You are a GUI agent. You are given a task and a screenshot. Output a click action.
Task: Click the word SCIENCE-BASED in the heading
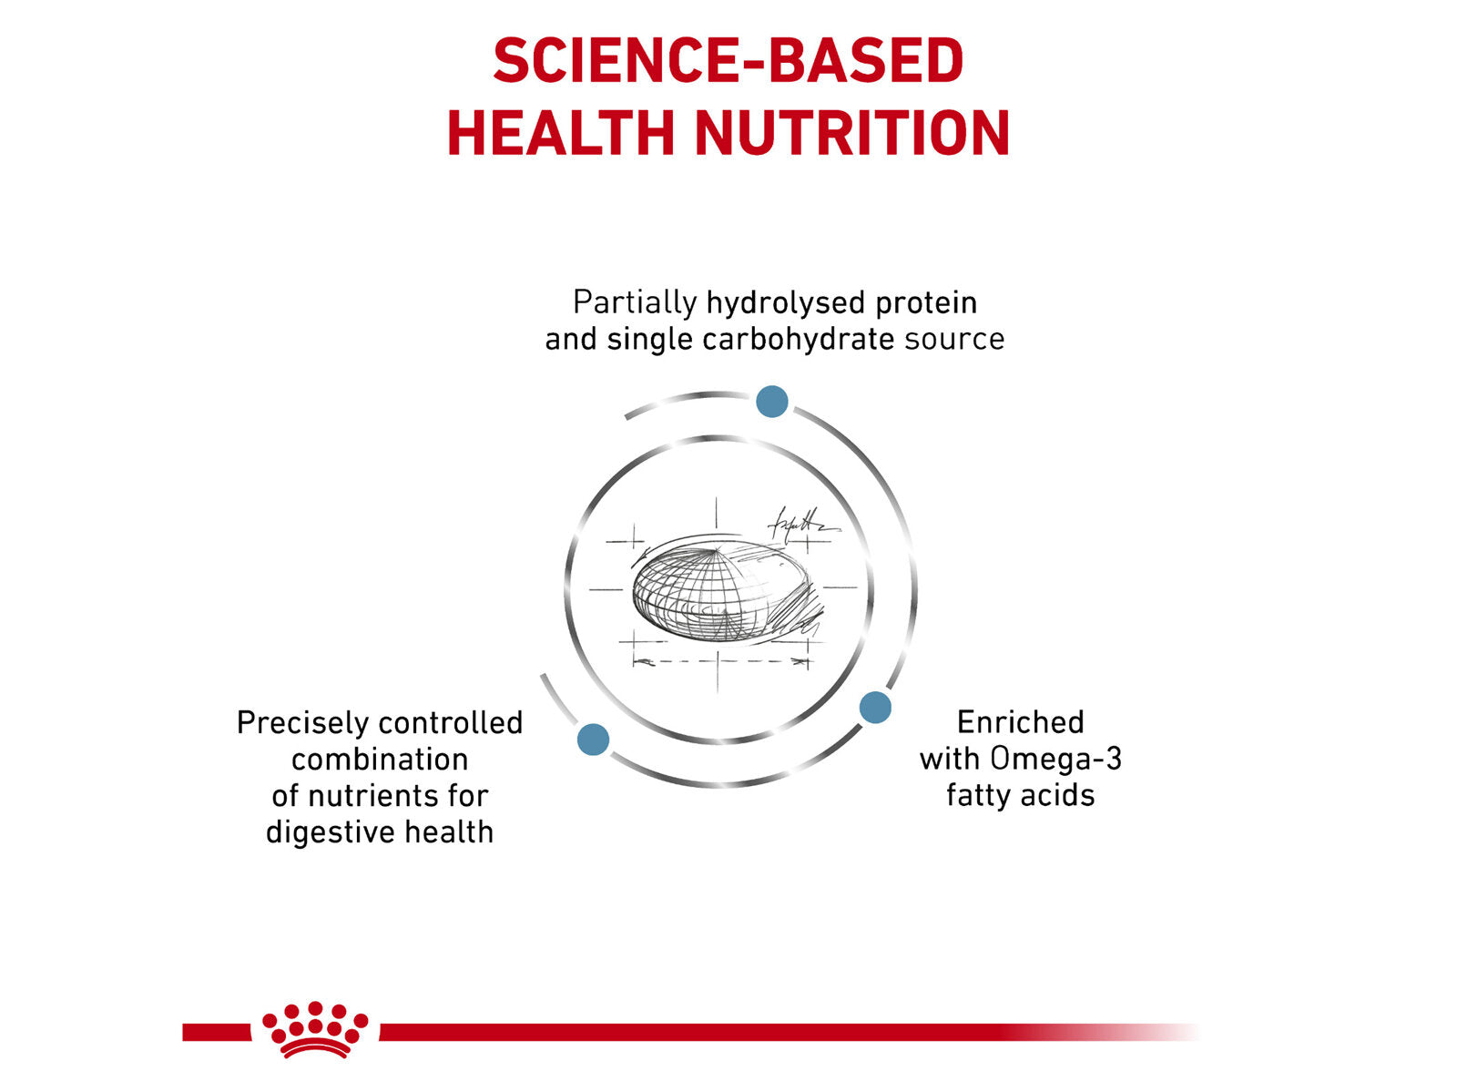728,62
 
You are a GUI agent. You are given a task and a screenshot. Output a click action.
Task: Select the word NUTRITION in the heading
852,133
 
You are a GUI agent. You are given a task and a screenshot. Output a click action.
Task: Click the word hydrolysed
785,302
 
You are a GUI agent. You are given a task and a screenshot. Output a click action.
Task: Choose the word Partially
635,302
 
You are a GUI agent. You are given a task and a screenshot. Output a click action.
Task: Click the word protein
925,302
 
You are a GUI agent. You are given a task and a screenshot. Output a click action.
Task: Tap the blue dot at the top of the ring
772,401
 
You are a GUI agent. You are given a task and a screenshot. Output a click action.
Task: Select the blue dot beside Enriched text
875,707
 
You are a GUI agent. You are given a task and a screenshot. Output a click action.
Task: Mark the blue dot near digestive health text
593,739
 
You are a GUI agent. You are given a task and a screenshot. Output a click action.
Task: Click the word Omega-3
1056,759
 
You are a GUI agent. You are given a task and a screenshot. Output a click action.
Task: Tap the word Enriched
1020,722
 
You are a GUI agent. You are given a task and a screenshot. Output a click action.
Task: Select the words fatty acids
1020,795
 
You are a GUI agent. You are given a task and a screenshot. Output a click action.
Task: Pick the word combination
380,759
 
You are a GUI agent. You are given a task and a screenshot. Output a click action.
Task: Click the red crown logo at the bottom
315,1030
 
